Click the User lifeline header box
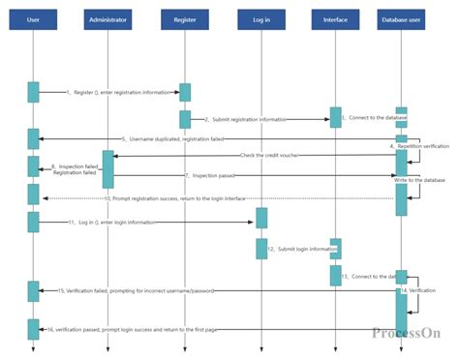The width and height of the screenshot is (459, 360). pyautogui.click(x=33, y=19)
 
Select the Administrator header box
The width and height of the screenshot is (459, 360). pyautogui.click(x=107, y=19)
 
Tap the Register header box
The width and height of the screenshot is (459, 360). pyautogui.click(x=185, y=19)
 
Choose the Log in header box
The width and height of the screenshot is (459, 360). pyautogui.click(x=261, y=19)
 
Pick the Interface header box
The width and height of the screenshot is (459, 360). pyautogui.click(x=335, y=19)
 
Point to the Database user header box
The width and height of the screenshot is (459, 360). pyautogui.click(x=400, y=19)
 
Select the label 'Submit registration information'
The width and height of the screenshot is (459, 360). pyautogui.click(x=249, y=120)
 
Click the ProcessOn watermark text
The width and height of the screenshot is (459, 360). pyautogui.click(x=406, y=333)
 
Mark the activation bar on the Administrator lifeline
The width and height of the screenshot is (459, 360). pyautogui.click(x=108, y=168)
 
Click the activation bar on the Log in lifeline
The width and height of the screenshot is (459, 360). pyautogui.click(x=261, y=218)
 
